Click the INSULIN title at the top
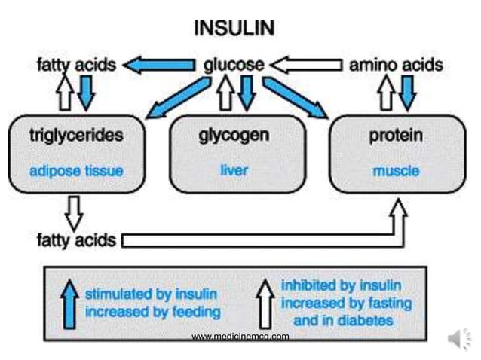click(x=234, y=29)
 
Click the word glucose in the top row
click(x=234, y=66)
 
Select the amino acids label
click(x=396, y=66)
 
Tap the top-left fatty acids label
click(x=76, y=66)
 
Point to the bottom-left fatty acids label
click(x=76, y=240)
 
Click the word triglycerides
click(x=76, y=136)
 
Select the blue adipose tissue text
click(x=76, y=171)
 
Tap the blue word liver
click(x=234, y=170)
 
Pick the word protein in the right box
click(x=396, y=136)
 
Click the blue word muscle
click(x=396, y=171)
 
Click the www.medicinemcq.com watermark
click(x=240, y=337)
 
